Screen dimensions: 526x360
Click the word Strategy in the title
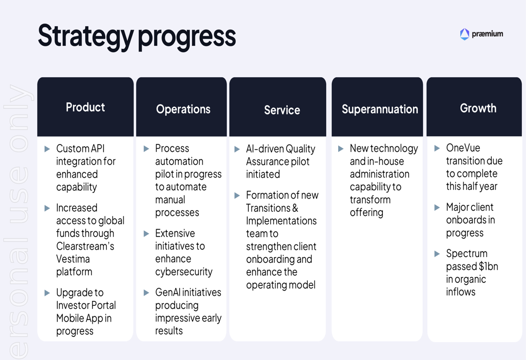click(x=86, y=36)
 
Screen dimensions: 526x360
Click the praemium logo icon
click(x=464, y=34)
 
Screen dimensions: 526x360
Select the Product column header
click(x=85, y=107)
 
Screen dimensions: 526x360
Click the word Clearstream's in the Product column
click(x=85, y=246)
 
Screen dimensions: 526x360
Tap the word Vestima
click(x=73, y=259)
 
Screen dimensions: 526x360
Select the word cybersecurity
click(x=184, y=272)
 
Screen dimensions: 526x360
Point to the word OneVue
click(x=463, y=148)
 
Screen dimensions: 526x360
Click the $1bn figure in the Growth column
click(x=489, y=266)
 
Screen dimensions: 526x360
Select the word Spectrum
click(x=467, y=254)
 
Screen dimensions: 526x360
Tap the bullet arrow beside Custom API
click(x=47, y=149)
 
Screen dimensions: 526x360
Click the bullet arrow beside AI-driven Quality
click(x=237, y=149)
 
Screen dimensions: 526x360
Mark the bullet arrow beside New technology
click(x=341, y=149)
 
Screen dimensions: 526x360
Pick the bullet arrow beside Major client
click(x=437, y=208)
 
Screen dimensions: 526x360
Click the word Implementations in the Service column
click(x=281, y=221)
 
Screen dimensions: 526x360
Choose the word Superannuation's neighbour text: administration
click(x=379, y=174)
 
